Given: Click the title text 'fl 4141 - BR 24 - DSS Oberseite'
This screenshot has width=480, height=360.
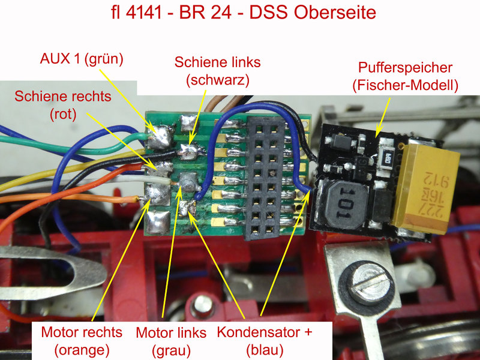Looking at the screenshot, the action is pos(244,13).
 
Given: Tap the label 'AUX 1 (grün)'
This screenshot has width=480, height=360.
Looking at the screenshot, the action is pos(82,58).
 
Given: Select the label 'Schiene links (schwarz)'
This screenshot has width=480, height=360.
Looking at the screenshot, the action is pos(218,71).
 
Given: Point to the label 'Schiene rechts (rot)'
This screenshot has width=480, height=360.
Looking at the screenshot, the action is pos(63,106).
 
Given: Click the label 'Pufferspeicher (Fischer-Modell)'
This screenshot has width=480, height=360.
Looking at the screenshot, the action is pos(406,77).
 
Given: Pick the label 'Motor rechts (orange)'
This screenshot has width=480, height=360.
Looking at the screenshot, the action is pos(82,341).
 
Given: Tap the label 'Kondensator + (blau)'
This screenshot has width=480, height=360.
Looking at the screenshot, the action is pos(265,341).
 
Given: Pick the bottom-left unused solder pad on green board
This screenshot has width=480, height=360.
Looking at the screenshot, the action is pos(158,222).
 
